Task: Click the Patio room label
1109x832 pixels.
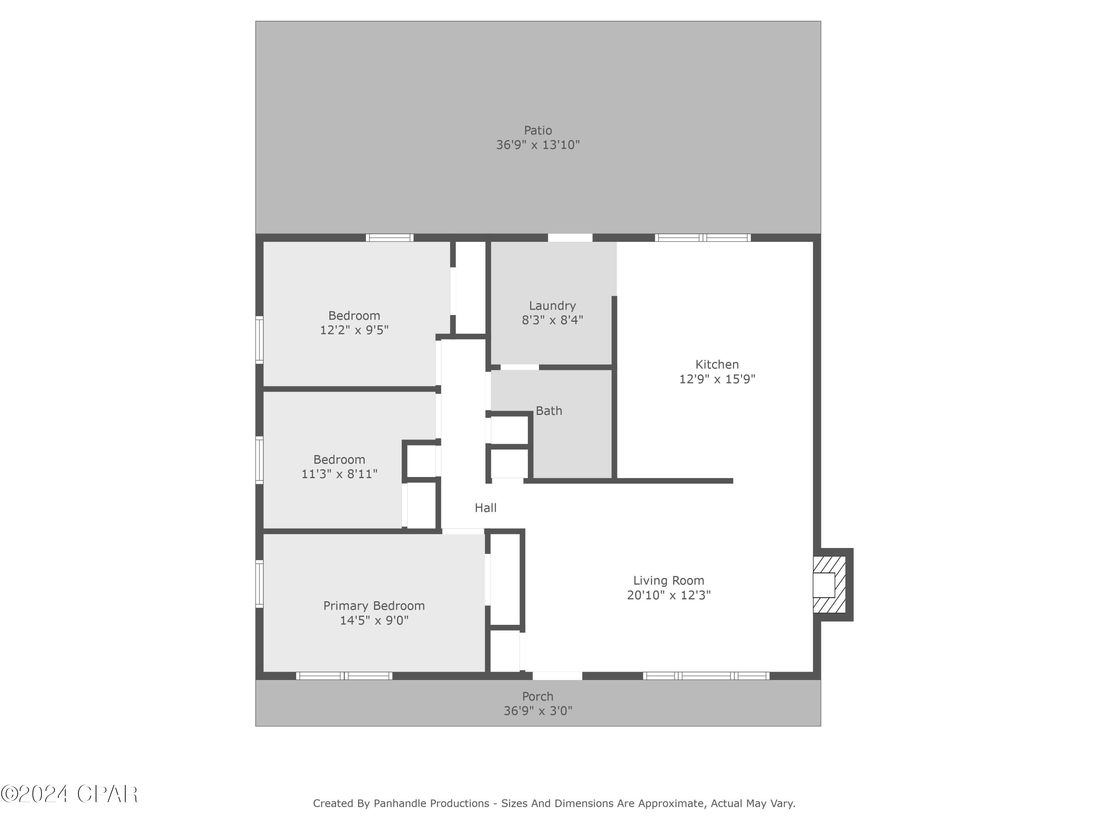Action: click(537, 131)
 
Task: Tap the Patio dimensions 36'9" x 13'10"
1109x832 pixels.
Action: click(537, 145)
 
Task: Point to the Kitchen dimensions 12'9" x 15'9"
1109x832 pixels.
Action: click(716, 379)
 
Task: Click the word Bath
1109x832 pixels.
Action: click(549, 411)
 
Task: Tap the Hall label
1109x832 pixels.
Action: click(485, 508)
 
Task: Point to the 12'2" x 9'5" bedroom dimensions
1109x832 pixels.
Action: click(354, 330)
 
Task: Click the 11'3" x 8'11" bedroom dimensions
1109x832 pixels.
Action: click(339, 474)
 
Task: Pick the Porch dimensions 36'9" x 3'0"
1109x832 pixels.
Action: click(537, 711)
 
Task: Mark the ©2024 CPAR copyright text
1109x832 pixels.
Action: click(69, 794)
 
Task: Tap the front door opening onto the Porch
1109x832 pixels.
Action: click(557, 676)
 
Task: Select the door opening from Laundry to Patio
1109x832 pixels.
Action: click(570, 238)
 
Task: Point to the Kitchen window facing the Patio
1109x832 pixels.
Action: click(702, 238)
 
